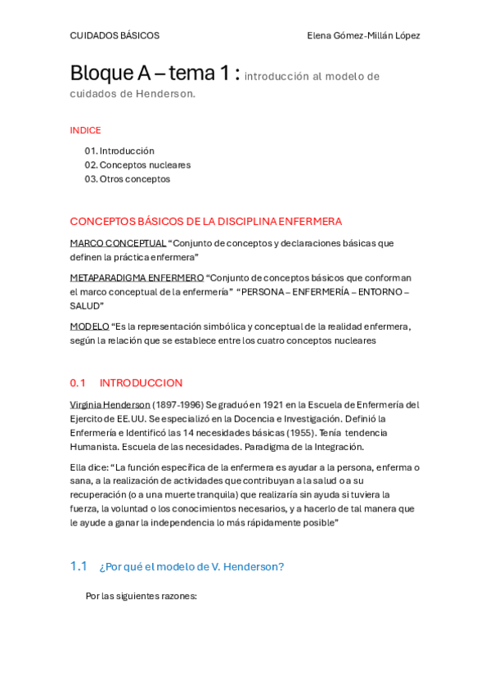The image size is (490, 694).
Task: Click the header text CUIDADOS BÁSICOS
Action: [115, 36]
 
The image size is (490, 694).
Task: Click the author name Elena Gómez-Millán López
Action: [363, 36]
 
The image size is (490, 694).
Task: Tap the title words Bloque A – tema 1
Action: [155, 74]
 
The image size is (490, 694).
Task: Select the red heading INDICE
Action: [86, 130]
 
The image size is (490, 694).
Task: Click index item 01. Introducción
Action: [119, 151]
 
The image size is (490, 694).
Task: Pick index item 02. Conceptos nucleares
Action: [137, 165]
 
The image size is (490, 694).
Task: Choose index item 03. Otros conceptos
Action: [128, 179]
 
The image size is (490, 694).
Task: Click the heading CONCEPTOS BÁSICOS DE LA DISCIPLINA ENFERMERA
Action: [206, 222]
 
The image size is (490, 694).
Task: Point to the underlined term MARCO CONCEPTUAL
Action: [118, 243]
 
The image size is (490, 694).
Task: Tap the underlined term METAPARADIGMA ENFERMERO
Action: [137, 278]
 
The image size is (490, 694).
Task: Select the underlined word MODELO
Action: [89, 327]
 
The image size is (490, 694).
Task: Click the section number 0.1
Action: [78, 383]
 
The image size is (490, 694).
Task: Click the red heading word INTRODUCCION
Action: [142, 383]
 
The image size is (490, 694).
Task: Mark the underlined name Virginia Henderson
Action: [110, 405]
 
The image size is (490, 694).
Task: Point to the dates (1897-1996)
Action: [178, 405]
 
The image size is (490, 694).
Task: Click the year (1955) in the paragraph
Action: [299, 433]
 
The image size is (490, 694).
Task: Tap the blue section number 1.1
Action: [79, 566]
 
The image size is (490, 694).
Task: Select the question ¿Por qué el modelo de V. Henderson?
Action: [191, 567]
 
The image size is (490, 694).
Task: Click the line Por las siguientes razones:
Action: [142, 597]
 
